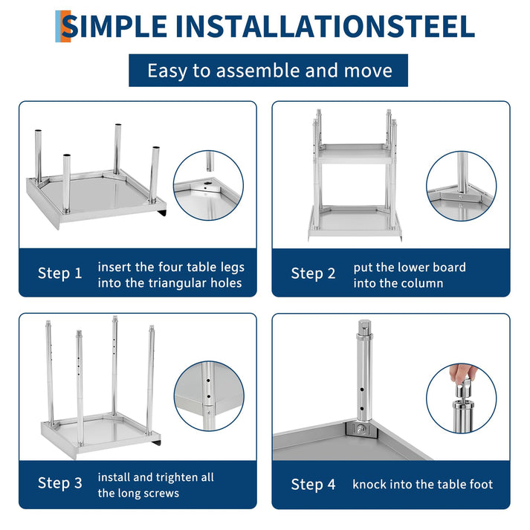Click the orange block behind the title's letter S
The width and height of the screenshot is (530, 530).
[x=66, y=26]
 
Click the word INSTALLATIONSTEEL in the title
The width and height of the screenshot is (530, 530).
[x=326, y=26]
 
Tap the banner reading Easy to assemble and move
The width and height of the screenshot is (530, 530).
[x=268, y=71]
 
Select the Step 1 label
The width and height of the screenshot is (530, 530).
[x=59, y=273]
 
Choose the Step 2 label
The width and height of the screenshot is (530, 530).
[x=313, y=274]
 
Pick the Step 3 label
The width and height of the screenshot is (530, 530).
[x=59, y=483]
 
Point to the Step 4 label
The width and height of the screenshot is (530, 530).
[x=313, y=485]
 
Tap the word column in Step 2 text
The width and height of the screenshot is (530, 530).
[x=423, y=283]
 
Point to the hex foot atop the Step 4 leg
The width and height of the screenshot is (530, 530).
[x=364, y=327]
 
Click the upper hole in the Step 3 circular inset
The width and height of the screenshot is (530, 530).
[x=208, y=381]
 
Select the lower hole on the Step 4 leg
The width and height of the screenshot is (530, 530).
[x=362, y=409]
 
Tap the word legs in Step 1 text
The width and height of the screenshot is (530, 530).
[x=233, y=268]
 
